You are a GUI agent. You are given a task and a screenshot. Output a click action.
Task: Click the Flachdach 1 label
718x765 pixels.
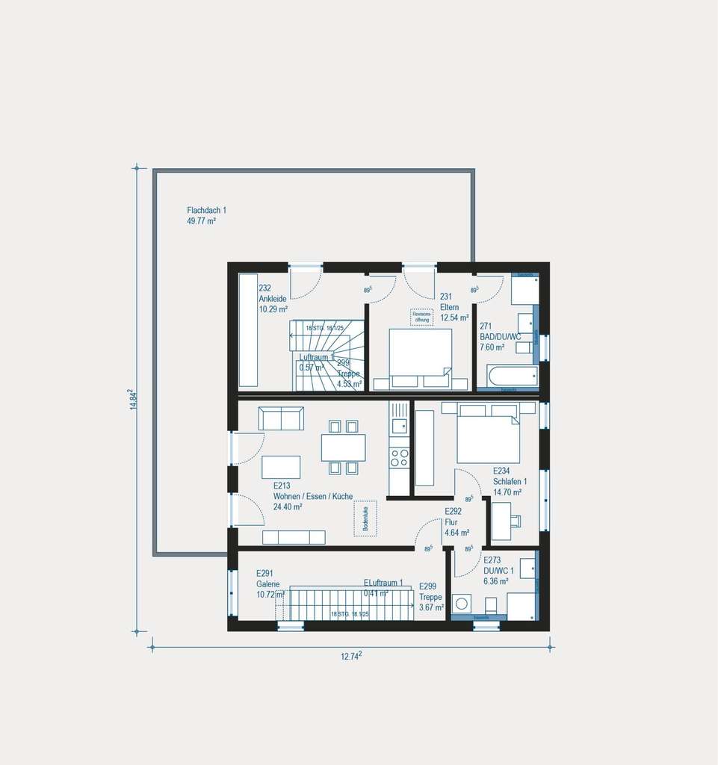206,211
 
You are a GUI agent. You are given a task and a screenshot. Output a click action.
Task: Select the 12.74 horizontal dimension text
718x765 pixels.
350,656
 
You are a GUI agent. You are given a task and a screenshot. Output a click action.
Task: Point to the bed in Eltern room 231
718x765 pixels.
420,357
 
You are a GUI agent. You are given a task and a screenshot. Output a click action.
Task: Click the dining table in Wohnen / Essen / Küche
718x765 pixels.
343,447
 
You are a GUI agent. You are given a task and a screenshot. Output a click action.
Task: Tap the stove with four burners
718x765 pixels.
399,457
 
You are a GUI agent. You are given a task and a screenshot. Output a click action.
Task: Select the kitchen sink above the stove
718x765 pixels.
399,427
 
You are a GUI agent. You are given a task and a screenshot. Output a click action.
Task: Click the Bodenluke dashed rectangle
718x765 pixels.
365,518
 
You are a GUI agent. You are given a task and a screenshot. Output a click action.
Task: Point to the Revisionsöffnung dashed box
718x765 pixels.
421,317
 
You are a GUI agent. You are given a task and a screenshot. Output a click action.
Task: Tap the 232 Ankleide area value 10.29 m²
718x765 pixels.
273,309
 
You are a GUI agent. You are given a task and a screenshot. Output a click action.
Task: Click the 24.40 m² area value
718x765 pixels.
288,507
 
